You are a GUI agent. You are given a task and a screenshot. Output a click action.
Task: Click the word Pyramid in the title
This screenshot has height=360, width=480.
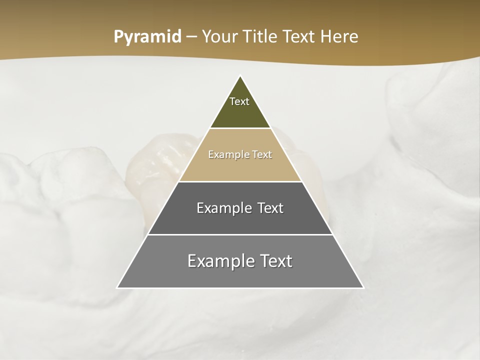(147, 37)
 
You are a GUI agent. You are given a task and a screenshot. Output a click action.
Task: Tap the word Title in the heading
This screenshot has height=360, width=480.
(261, 37)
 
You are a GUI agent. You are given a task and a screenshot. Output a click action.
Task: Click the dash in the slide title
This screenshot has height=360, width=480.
(191, 37)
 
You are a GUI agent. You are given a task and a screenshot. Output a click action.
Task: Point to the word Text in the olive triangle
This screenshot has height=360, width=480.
(239, 101)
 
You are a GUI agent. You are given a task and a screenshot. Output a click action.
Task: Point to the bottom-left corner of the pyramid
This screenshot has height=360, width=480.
(118, 287)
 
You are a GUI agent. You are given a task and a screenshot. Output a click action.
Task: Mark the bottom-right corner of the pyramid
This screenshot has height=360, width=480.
(363, 287)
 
